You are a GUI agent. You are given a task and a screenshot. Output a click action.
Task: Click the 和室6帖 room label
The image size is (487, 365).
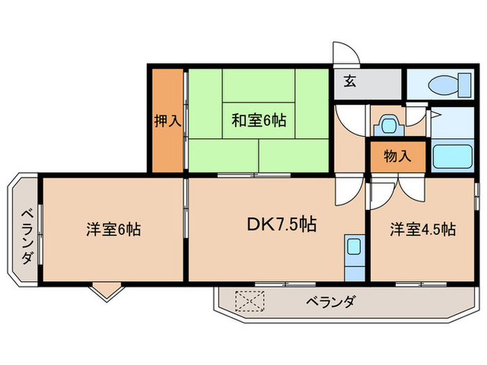(258, 120)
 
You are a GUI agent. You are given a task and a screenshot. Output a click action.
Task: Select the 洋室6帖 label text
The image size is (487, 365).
(114, 229)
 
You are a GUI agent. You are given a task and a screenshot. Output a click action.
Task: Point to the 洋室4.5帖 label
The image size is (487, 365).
(422, 229)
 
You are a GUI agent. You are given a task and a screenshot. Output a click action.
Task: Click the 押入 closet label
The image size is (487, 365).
(168, 120)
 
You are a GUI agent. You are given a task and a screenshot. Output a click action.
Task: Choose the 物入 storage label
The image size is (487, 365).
(397, 156)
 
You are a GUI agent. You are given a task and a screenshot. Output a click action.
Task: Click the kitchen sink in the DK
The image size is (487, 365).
(353, 247)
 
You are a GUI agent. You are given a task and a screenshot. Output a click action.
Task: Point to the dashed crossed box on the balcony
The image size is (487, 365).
(250, 300)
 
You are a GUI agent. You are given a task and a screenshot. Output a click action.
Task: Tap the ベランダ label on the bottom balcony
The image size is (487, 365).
(330, 301)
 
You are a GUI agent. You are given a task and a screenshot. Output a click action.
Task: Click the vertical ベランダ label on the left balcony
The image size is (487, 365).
(26, 236)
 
